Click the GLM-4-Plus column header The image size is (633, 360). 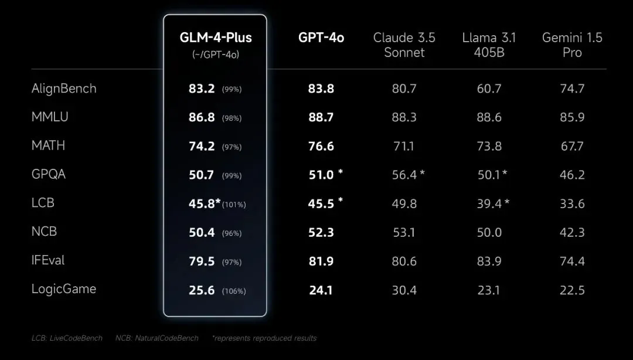click(x=216, y=38)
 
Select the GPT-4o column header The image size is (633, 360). click(x=321, y=38)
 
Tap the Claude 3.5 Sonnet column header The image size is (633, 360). click(x=404, y=45)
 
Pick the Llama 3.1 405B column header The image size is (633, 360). click(x=489, y=45)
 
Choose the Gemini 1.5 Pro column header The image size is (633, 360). click(x=572, y=45)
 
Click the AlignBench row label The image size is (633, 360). click(x=64, y=89)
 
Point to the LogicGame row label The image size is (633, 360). click(x=64, y=289)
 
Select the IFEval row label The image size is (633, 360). click(x=48, y=260)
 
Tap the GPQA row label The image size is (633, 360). click(x=49, y=174)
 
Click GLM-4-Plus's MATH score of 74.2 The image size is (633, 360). click(x=202, y=146)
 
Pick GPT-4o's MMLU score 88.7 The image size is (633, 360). click(x=321, y=117)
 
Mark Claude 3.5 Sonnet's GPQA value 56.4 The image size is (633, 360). click(x=404, y=175)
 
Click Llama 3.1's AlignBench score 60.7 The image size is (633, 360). click(x=489, y=89)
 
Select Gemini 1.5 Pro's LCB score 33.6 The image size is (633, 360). click(x=572, y=203)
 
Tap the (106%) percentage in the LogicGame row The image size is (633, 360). click(x=234, y=291)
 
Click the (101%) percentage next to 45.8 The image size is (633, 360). click(x=234, y=205)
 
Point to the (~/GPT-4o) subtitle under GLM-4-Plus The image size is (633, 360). click(x=216, y=54)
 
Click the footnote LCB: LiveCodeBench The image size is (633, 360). click(x=67, y=338)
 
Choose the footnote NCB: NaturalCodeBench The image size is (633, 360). click(x=156, y=338)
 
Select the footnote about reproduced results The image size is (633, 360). click(x=264, y=338)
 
